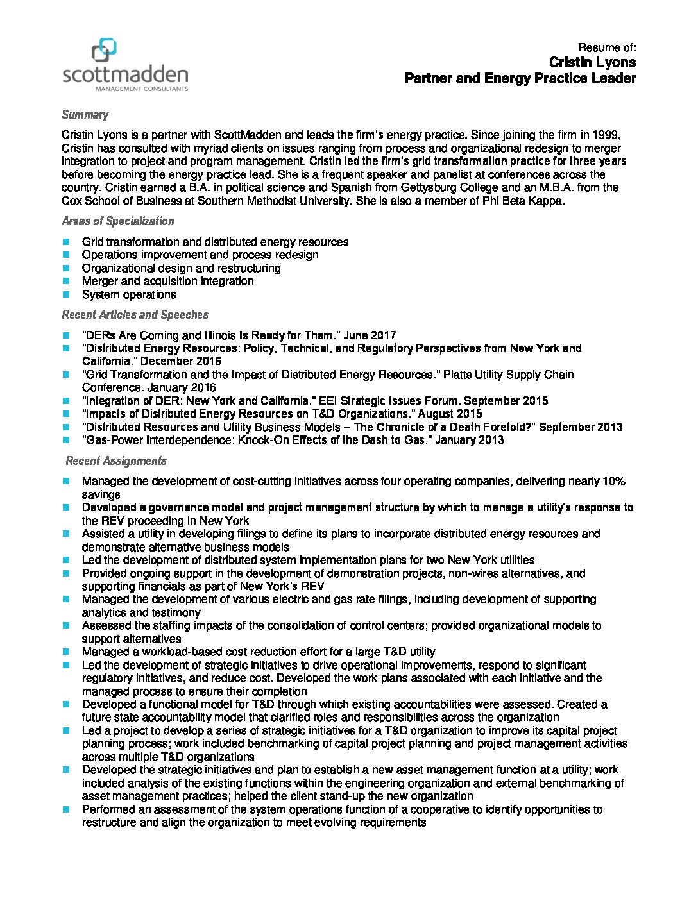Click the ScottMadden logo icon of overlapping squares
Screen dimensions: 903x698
click(x=105, y=50)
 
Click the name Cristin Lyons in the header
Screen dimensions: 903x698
click(x=592, y=62)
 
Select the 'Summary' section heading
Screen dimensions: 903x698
click(x=85, y=115)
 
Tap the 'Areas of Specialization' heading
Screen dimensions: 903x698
click(x=117, y=221)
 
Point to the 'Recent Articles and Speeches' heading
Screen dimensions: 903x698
click(x=135, y=315)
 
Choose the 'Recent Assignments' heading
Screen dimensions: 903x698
click(x=116, y=461)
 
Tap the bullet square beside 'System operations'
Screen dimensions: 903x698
click(x=66, y=294)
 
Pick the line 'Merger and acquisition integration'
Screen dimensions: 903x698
click(x=167, y=281)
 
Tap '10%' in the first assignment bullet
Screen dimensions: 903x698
click(x=613, y=481)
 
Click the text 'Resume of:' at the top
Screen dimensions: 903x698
click(x=606, y=47)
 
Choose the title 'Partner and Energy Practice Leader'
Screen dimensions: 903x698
click(x=520, y=78)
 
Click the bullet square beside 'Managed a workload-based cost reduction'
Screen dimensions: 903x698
click(x=66, y=652)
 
